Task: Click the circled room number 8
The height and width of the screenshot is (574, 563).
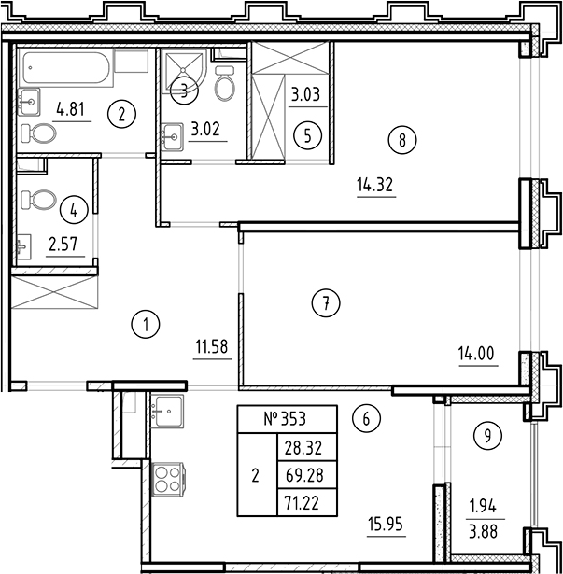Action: pos(401,141)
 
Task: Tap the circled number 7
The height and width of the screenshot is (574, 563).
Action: pos(324,302)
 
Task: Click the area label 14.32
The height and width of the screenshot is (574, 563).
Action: pos(375,185)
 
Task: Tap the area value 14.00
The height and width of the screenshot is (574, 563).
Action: pos(474,353)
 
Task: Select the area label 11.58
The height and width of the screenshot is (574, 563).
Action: pos(212,349)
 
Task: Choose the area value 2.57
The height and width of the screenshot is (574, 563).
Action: pos(63,246)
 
